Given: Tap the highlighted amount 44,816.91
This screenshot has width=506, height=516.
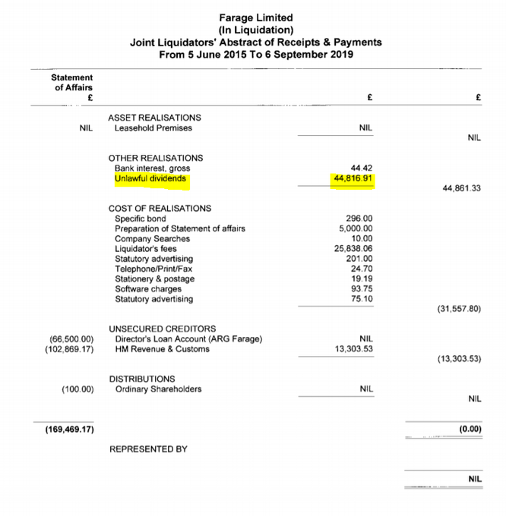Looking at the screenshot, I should coord(356,180).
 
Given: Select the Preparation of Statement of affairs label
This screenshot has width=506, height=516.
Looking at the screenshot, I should coord(179,228).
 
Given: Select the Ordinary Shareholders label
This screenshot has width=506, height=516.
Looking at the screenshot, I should coord(158,389).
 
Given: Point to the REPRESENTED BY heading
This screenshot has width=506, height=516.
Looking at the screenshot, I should coord(148,449).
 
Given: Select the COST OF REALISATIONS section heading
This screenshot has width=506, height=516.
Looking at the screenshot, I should coord(160,208).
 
